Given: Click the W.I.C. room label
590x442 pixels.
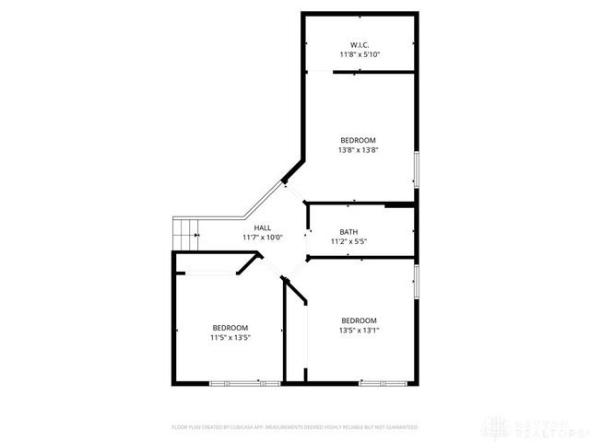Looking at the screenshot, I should click(x=360, y=44).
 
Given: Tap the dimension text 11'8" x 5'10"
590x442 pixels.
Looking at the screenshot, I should click(x=360, y=54).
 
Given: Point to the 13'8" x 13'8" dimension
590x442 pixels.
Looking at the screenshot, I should click(x=360, y=150).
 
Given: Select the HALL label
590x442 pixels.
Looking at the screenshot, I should click(x=263, y=227).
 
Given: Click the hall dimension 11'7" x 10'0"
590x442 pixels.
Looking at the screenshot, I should click(x=263, y=238).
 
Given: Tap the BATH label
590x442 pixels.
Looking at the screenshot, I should click(x=348, y=232).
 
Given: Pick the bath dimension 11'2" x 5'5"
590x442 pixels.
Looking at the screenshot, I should click(x=348, y=242).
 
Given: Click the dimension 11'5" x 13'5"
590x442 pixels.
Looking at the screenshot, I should click(x=230, y=338).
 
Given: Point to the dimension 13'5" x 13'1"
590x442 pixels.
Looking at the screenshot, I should click(x=360, y=330).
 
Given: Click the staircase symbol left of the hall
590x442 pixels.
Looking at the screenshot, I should click(x=187, y=234).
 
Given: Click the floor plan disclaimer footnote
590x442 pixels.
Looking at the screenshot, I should click(x=295, y=427).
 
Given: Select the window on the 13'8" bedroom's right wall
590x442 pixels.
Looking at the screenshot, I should click(x=416, y=169).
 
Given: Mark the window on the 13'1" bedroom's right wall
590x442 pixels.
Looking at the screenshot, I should click(x=416, y=280).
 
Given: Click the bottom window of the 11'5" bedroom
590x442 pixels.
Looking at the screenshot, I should click(x=243, y=382).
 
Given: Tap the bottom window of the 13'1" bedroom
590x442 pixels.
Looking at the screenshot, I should click(x=383, y=382).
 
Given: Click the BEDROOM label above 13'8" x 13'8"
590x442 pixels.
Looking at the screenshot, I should click(x=360, y=140).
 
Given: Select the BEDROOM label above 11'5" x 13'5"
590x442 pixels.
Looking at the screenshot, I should click(x=230, y=328).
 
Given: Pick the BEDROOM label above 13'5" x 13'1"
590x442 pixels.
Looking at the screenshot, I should click(x=360, y=320).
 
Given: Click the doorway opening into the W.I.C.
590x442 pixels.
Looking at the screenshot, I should click(x=319, y=72).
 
